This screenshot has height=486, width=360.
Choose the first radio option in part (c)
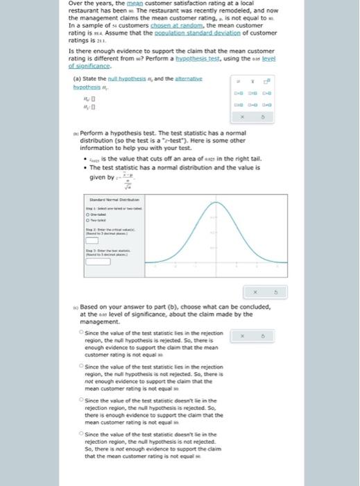tap(82, 333)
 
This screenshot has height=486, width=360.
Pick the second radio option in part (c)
tap(82, 365)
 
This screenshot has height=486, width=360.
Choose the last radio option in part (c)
tap(82, 431)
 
